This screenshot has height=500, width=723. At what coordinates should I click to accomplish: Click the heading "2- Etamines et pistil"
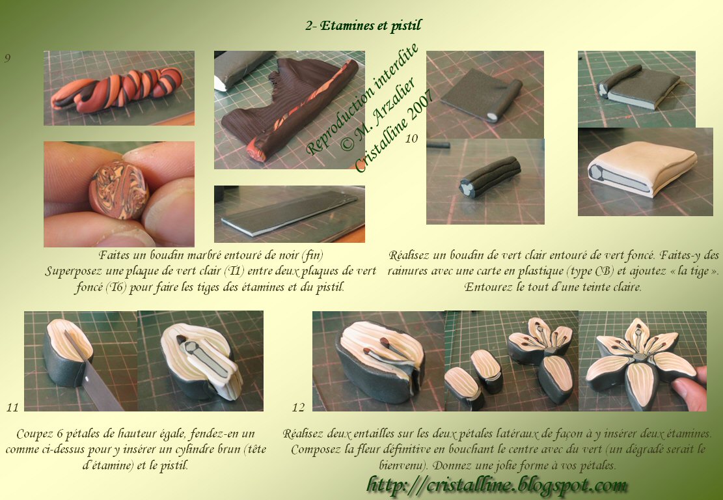pos(363,26)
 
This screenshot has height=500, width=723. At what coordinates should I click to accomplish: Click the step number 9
pos(7,58)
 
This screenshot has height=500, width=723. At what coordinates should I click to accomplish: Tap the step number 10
pos(411,139)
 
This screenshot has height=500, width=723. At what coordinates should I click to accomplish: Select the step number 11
pos(12,408)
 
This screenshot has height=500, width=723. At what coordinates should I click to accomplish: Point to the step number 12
pos(298,408)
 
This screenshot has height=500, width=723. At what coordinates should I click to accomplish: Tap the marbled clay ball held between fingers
pos(119,190)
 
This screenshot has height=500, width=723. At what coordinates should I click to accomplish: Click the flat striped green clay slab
pos(290,213)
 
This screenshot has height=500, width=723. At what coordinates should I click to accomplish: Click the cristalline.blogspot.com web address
pos(497,485)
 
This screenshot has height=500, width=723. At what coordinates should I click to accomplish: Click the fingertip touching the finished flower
pos(690,390)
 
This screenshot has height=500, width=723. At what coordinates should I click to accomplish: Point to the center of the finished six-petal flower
pos(640,357)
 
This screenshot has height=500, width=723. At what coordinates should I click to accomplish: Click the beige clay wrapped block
pos(643,169)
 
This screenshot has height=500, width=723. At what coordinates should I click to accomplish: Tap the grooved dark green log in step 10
pos(489,176)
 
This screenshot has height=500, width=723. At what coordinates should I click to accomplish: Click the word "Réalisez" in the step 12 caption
pos(303,434)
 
